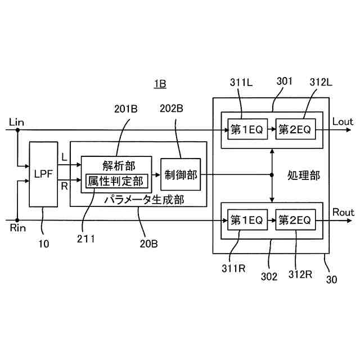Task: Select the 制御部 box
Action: tap(181, 174)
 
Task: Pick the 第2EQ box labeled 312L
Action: tap(295, 130)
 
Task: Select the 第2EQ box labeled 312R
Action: tap(295, 220)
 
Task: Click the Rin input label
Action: tap(17, 228)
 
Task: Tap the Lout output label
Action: tap(343, 121)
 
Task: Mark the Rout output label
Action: tap(343, 213)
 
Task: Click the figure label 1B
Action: tap(159, 84)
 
